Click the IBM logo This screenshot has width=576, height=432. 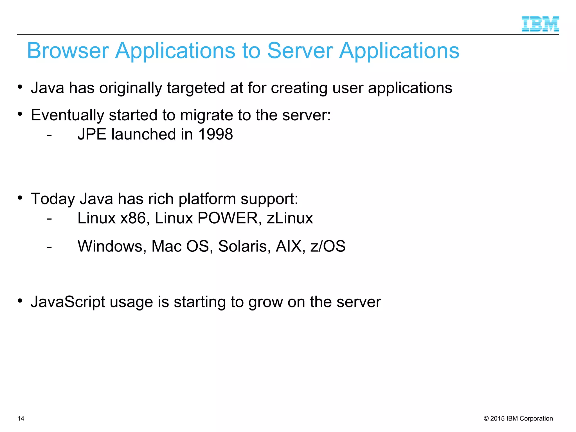point(540,24)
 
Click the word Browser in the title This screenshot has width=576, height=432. point(68,51)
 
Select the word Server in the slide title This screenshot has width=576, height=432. point(300,51)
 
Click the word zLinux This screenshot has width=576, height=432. point(290,218)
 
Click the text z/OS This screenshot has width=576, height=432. point(328,246)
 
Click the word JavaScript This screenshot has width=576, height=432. point(68,302)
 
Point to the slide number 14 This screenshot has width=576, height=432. point(21,418)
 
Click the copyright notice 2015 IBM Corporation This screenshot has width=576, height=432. point(518,418)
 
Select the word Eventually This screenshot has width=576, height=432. point(67,115)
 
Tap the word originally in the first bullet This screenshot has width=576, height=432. point(130,88)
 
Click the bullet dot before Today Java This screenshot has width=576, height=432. point(20,198)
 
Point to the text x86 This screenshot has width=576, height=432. point(133,218)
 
